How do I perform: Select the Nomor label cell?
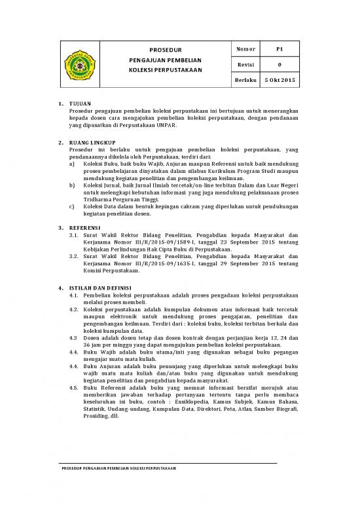point(245,49)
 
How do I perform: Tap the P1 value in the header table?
point(279,49)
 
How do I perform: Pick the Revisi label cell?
point(245,64)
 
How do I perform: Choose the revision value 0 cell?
point(279,64)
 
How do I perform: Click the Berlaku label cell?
point(245,79)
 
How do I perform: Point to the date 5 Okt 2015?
point(280,79)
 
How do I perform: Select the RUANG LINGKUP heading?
point(92,141)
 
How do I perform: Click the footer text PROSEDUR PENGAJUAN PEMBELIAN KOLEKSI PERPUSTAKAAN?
point(118,470)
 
